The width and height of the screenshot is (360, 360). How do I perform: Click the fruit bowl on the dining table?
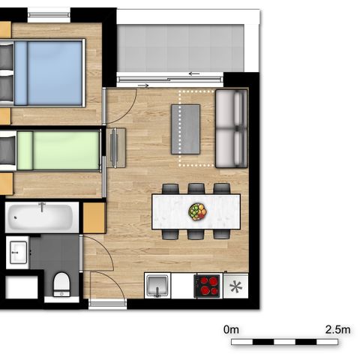point(197,211)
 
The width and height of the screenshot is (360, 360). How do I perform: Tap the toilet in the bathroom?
point(61,284)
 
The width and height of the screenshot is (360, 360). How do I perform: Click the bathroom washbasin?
point(18,252)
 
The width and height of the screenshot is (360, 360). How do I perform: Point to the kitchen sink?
point(157,285)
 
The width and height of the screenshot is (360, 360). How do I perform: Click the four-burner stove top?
point(208,286)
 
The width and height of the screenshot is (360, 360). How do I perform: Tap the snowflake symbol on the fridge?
point(236,286)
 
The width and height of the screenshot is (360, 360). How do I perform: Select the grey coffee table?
point(185,129)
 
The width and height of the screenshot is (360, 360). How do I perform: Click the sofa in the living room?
point(232,128)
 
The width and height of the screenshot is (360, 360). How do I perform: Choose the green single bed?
point(51,151)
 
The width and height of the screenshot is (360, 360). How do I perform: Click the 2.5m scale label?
point(337,330)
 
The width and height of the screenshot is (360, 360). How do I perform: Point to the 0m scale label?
point(231,330)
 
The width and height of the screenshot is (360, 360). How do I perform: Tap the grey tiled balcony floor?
point(180,48)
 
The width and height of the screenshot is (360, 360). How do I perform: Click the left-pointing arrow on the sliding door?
point(194,73)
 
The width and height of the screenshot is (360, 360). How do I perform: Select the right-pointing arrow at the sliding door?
point(143,85)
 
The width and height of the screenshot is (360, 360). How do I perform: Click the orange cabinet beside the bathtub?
point(94,217)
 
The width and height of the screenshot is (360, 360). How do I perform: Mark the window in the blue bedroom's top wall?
point(49,15)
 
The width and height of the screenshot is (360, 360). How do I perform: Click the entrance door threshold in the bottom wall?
point(107,304)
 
